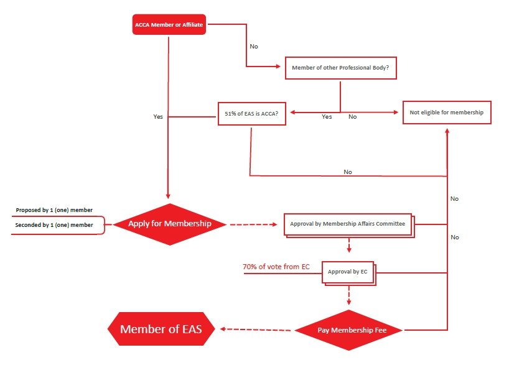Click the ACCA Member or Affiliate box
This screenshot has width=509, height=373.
(x=169, y=25)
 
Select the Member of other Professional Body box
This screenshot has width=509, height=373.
(x=340, y=68)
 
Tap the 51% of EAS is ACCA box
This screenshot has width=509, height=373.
(x=251, y=114)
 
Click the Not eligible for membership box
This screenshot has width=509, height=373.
(x=447, y=113)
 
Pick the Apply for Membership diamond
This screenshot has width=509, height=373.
(x=169, y=224)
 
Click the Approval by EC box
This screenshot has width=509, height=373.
(x=348, y=271)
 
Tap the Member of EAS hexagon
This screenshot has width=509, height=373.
(x=161, y=329)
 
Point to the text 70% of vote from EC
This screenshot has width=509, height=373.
(x=276, y=267)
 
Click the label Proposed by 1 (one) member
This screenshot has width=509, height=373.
(x=54, y=211)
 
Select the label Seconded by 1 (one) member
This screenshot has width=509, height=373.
(x=54, y=225)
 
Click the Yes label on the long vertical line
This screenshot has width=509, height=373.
(x=158, y=116)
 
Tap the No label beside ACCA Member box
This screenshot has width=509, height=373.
(x=253, y=46)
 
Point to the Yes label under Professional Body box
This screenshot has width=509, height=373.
(x=327, y=117)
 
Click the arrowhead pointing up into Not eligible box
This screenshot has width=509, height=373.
(x=447, y=131)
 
